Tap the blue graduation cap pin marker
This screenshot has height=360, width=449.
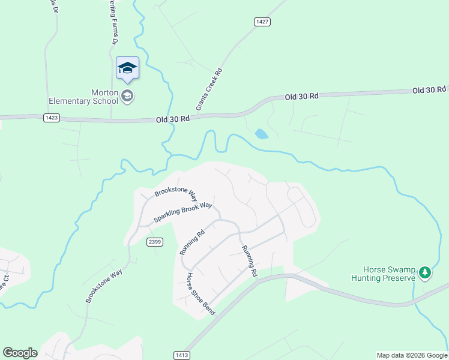point(127,68)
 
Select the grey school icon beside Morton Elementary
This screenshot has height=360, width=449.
point(127,95)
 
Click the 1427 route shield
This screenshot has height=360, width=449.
point(262,22)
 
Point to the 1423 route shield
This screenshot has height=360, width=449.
point(51,118)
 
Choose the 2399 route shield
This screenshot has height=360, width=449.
point(155,242)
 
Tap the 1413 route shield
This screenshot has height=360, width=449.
point(182,355)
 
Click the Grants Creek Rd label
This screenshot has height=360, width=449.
point(209,89)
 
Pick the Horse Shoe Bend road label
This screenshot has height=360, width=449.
point(200,294)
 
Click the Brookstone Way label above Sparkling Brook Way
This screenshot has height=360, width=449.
point(176,193)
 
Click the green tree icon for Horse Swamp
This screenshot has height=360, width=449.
point(425,274)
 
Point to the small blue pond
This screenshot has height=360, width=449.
point(261,134)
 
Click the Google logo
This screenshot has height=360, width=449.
point(20,353)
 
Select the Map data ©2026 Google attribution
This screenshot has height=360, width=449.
point(412,355)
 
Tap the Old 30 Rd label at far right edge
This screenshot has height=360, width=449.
point(429,90)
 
